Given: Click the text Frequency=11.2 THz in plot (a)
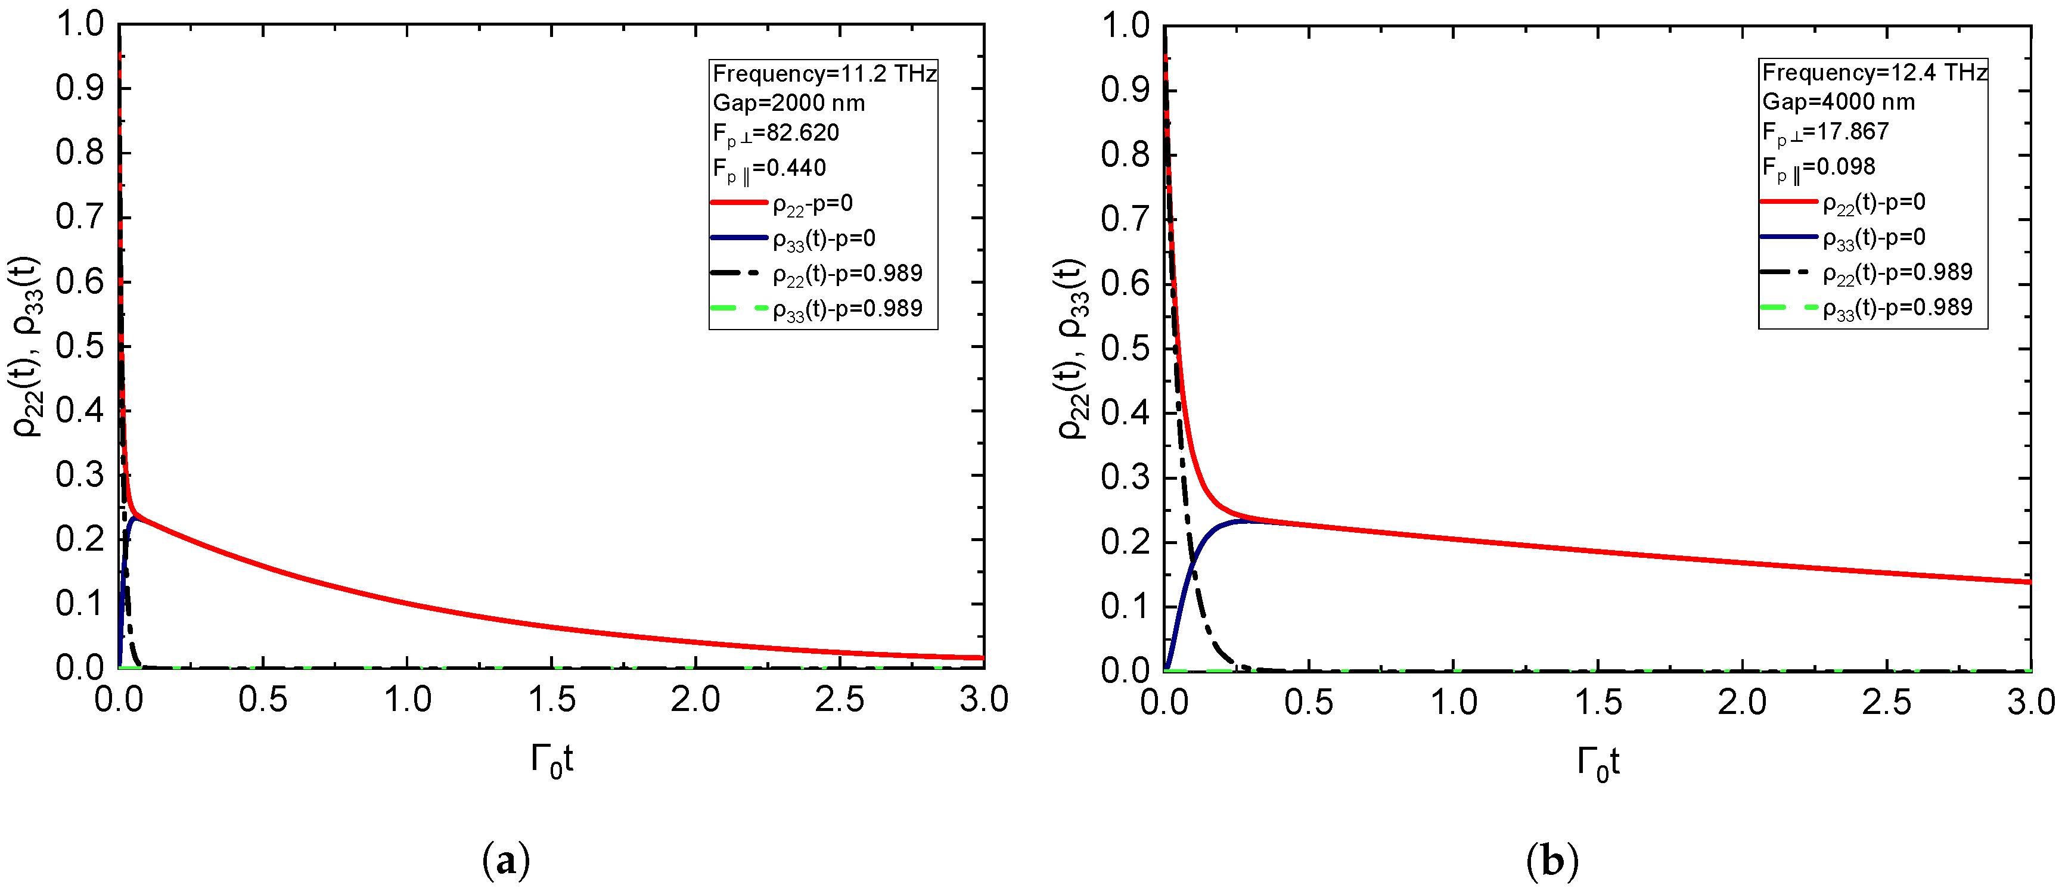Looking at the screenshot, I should pyautogui.click(x=824, y=74).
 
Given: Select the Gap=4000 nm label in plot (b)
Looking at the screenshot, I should pyautogui.click(x=1838, y=102).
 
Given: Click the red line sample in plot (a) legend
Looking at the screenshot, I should pyautogui.click(x=738, y=203).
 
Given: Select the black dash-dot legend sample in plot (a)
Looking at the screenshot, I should pyautogui.click(x=738, y=274).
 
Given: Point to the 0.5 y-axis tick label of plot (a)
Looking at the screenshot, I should pyautogui.click(x=80, y=347).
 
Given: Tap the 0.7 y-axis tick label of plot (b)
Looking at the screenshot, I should pyautogui.click(x=1125, y=219).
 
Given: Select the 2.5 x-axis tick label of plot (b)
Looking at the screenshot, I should pyautogui.click(x=1887, y=702).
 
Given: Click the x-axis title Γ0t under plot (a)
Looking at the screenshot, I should pyautogui.click(x=551, y=760).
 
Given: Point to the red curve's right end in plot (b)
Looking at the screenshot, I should pyautogui.click(x=2029, y=581).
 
